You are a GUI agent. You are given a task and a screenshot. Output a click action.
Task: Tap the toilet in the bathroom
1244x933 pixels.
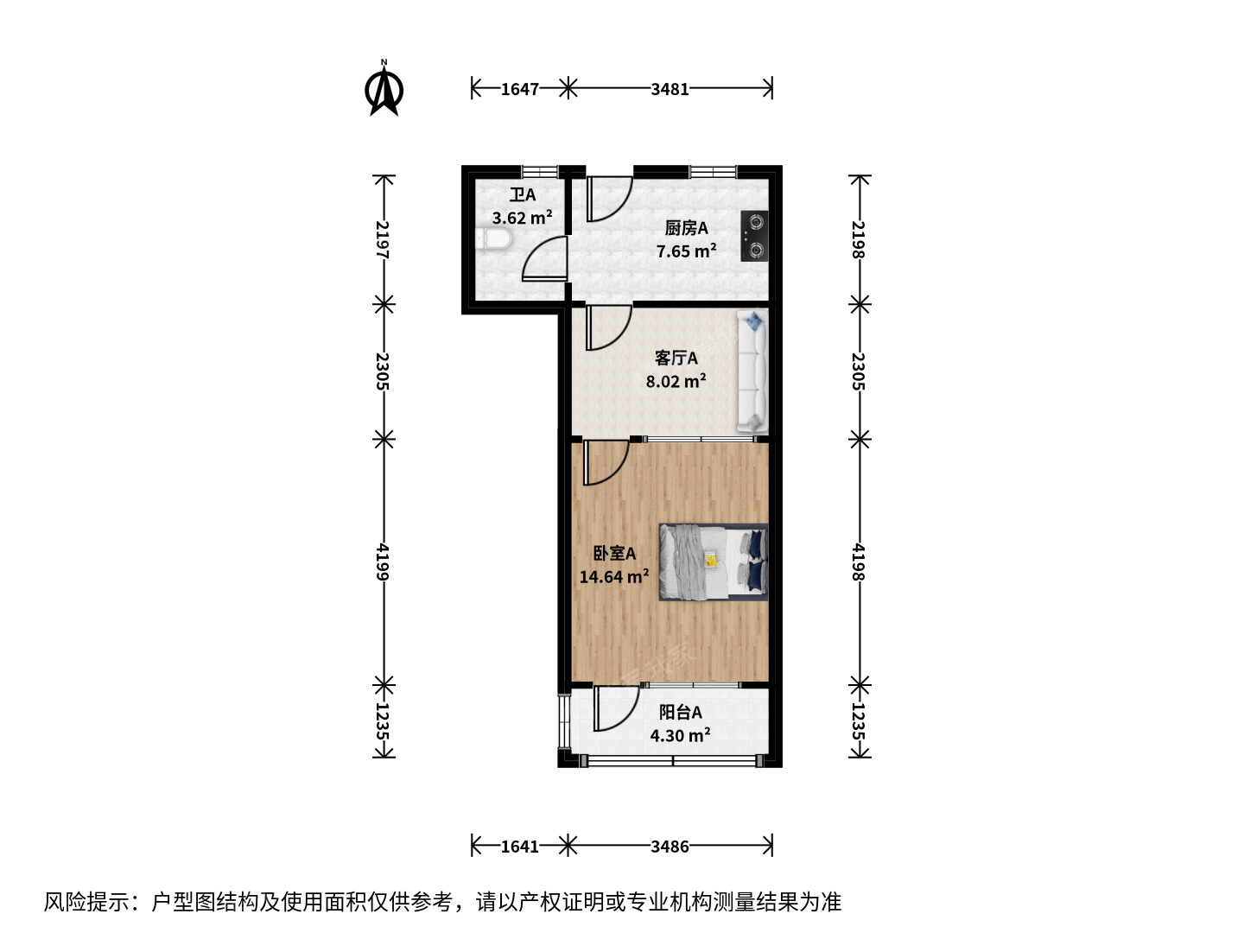493,239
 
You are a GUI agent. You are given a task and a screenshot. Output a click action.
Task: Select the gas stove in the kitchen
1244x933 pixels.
754,236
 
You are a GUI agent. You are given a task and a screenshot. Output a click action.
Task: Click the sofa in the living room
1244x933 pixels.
752,371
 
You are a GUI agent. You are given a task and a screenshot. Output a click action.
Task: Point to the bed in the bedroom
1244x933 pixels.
713,562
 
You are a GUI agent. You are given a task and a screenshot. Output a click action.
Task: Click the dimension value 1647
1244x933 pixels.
520,89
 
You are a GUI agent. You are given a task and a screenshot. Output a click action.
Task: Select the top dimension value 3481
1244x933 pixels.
670,89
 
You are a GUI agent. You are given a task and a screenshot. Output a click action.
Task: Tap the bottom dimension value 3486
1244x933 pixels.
670,847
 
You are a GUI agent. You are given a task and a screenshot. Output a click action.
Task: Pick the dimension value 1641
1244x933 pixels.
520,847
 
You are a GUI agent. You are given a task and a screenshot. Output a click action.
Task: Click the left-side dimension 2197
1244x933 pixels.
384,239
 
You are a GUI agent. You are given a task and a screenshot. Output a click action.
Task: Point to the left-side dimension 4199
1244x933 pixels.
384,562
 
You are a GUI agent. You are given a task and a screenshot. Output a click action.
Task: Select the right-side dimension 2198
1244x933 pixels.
860,239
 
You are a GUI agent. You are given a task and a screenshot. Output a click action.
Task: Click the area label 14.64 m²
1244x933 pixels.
613,577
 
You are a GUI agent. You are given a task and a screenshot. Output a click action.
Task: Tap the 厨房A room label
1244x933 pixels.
686,228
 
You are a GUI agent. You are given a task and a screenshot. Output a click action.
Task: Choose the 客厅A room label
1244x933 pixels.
676,358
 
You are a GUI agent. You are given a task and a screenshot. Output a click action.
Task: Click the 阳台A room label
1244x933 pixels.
680,712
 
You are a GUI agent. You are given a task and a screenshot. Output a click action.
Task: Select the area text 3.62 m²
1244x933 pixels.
522,218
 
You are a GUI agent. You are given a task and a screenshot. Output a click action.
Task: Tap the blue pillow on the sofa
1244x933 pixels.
754,321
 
